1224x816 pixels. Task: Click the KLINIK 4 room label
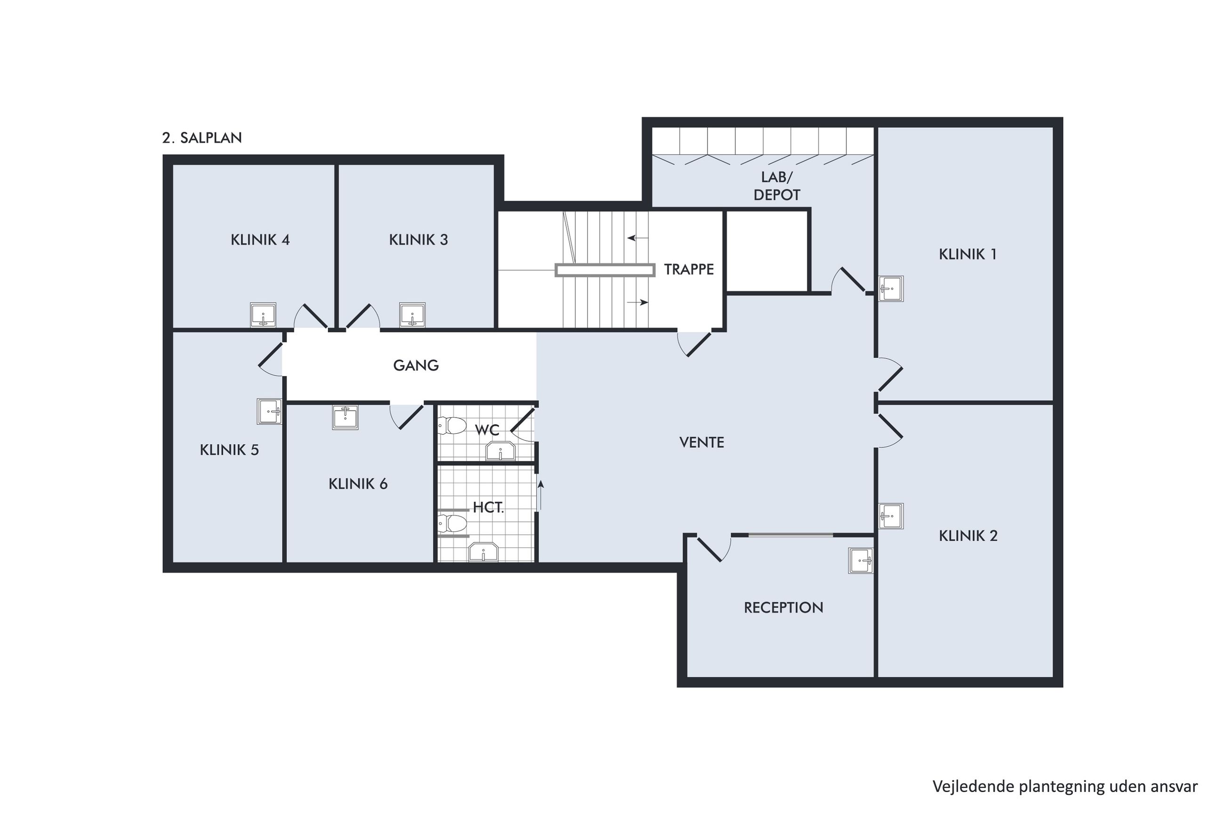click(260, 240)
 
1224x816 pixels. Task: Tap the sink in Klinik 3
click(412, 315)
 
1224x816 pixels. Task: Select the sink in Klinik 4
click(263, 315)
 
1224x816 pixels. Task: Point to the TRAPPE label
click(689, 270)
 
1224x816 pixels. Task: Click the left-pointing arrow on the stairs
click(638, 238)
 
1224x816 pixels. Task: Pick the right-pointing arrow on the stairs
click(638, 302)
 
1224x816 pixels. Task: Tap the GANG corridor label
click(416, 365)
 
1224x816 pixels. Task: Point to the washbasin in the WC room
click(500, 451)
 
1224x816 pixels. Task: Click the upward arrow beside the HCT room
click(540, 495)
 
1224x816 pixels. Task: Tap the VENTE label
click(702, 442)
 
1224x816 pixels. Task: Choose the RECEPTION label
click(783, 608)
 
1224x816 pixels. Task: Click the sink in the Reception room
click(861, 560)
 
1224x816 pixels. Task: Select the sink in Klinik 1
click(891, 288)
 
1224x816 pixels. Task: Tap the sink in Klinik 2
click(891, 516)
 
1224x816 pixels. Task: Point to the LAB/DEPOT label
click(777, 186)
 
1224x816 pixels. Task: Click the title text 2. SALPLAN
click(202, 138)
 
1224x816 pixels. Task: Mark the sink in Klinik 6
click(345, 417)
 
